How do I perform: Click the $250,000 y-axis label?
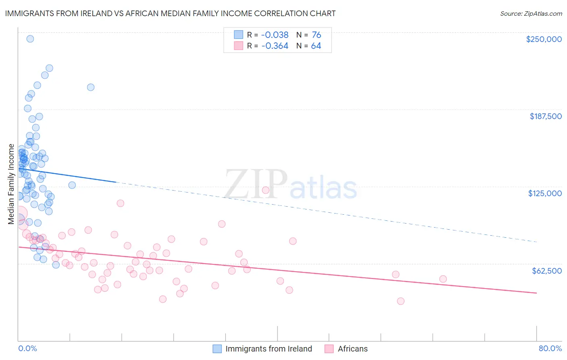click(544, 39)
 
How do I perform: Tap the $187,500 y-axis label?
click(545, 116)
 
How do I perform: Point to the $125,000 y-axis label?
click(545, 193)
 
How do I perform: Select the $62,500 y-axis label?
click(546, 270)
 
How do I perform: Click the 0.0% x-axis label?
click(27, 348)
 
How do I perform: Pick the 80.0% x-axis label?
click(550, 348)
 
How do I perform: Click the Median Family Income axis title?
click(11, 184)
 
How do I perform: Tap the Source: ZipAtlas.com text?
click(531, 13)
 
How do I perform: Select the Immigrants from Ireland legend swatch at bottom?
click(217, 349)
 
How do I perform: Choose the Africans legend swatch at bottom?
click(329, 349)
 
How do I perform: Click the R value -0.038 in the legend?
click(275, 35)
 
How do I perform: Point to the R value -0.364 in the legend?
click(275, 46)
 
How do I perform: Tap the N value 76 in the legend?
click(316, 35)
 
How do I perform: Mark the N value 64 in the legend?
click(316, 46)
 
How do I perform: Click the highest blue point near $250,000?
click(30, 39)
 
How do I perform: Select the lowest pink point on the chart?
click(400, 301)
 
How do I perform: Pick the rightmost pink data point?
click(443, 279)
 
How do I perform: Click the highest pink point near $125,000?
click(265, 190)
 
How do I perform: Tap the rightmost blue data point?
click(91, 87)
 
